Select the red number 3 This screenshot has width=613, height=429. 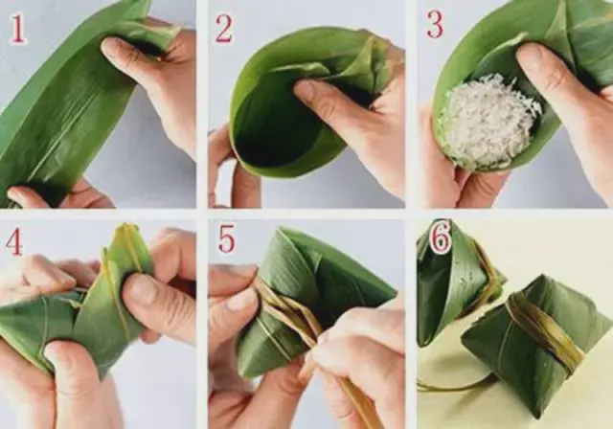(434, 24)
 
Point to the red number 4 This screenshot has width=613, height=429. (13, 240)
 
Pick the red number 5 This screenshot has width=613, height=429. (226, 237)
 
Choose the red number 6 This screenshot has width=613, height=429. (441, 239)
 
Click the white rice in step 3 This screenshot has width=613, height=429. (488, 121)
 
